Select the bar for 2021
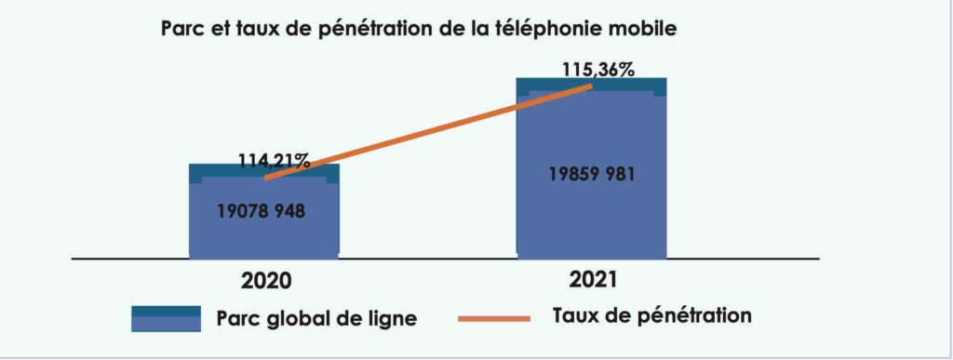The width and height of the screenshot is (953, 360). pyautogui.click(x=591, y=214)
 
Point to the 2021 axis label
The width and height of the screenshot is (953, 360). pyautogui.click(x=592, y=277)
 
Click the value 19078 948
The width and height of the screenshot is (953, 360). pyautogui.click(x=262, y=211)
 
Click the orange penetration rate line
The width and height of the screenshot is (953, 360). pyautogui.click(x=428, y=130)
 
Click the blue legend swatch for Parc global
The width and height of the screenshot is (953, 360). pyautogui.click(x=166, y=318)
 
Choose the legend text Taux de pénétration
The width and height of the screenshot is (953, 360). pyautogui.click(x=651, y=315)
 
